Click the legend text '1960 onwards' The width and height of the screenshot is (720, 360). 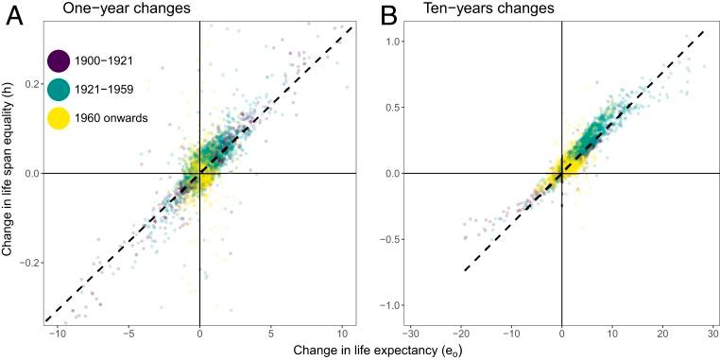111,118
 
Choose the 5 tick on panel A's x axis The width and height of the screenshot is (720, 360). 270,333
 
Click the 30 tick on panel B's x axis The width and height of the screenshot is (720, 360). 713,333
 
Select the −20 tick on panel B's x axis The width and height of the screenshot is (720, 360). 460,333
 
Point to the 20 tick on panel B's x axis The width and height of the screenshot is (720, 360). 662,333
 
